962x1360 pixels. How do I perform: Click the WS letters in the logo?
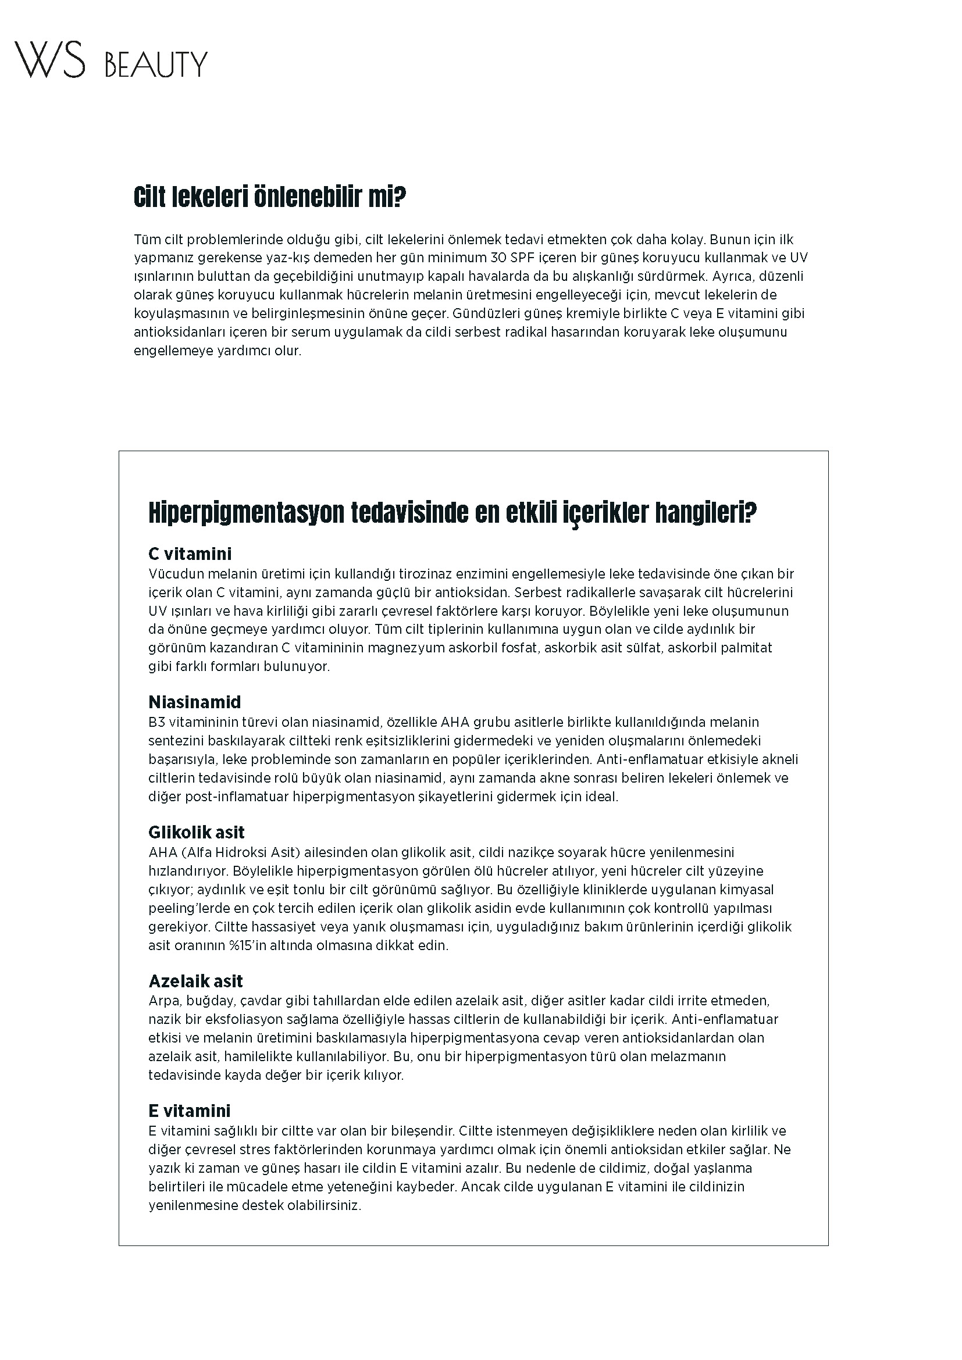click(50, 59)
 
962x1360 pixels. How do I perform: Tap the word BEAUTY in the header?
click(156, 64)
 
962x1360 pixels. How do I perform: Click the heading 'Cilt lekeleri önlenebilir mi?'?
click(270, 197)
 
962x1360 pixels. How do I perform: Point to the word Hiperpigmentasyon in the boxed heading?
click(246, 512)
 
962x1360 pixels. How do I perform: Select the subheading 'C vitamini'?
click(190, 554)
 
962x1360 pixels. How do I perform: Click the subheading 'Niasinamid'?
click(194, 702)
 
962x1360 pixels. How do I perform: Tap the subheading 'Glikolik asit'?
click(196, 832)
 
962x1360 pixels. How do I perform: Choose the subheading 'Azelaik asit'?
click(195, 981)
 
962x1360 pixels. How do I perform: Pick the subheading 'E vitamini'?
click(189, 1111)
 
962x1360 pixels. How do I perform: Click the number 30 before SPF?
click(500, 258)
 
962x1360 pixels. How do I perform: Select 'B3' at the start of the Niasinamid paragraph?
click(155, 722)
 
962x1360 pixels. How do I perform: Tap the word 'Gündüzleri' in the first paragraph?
click(485, 313)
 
